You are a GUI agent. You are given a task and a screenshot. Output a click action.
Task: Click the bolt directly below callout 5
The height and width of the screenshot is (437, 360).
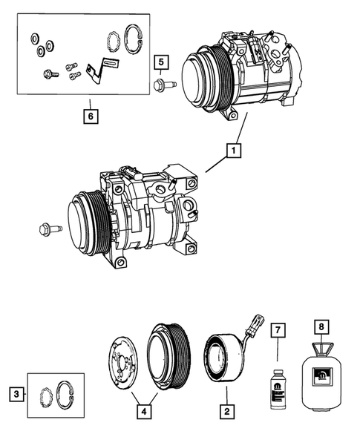(x=163, y=87)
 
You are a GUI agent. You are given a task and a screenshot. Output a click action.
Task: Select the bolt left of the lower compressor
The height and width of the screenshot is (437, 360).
(x=45, y=229)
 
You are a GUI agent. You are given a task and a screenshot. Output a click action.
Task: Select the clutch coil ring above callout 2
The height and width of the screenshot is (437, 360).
(x=223, y=358)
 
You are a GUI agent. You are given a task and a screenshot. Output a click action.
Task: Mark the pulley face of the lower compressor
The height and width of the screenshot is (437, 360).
(x=83, y=221)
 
